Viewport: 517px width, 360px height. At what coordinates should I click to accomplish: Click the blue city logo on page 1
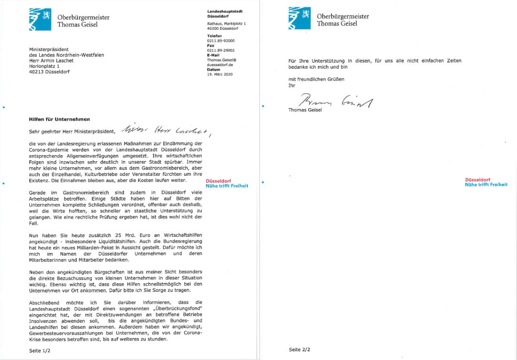tap(40, 19)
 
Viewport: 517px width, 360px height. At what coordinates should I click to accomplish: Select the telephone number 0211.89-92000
tap(221, 41)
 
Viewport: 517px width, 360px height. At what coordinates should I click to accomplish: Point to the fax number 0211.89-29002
tap(221, 50)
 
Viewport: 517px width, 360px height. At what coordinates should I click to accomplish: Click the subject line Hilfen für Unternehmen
tap(59, 119)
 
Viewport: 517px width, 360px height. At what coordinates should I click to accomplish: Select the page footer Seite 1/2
tap(40, 351)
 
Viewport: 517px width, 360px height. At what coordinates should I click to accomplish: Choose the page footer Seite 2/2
tap(300, 349)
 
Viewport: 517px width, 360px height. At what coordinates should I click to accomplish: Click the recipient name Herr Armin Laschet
tap(51, 61)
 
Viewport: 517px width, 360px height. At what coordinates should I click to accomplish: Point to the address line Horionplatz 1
tap(44, 66)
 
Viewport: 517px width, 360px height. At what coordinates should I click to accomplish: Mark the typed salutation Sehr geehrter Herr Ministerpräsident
tap(72, 131)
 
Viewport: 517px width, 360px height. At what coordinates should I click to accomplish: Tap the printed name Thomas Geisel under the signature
tap(305, 110)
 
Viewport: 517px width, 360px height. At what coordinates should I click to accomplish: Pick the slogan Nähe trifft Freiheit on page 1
tap(227, 186)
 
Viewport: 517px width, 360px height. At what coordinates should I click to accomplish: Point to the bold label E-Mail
tap(214, 55)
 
